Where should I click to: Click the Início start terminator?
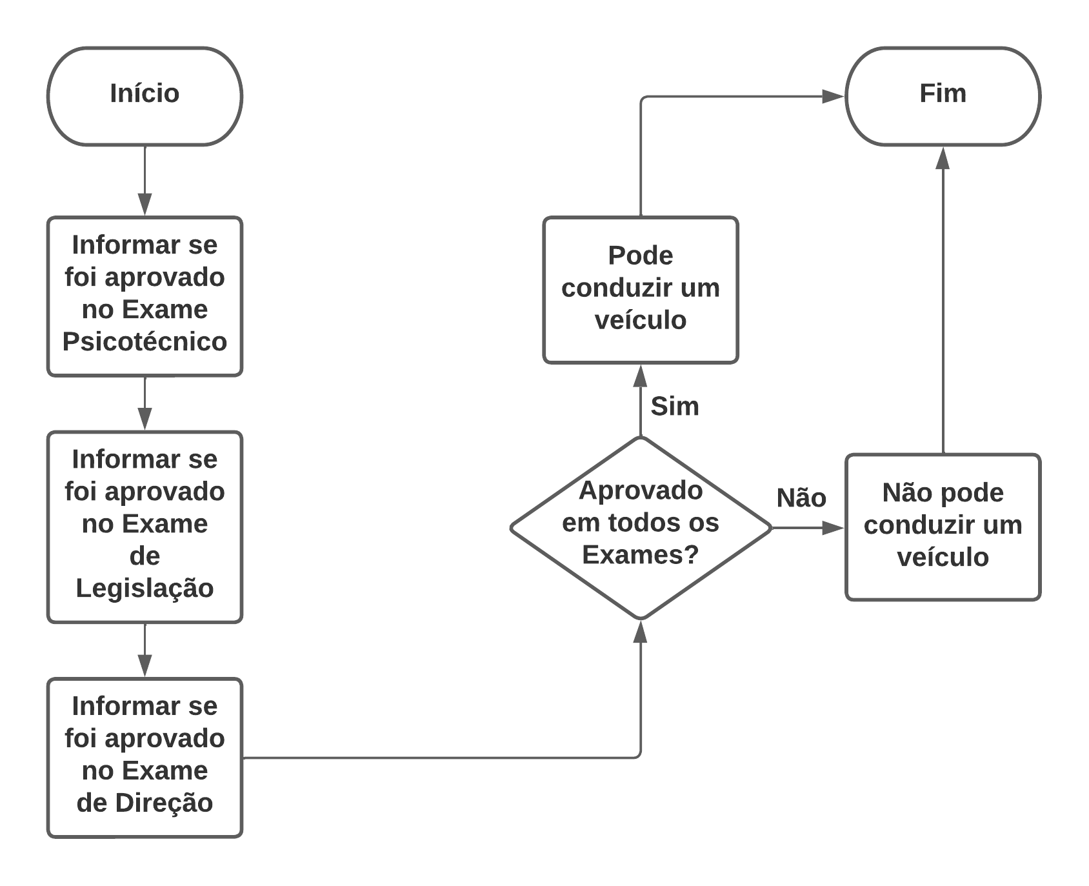pyautogui.click(x=145, y=96)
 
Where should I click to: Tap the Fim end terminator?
pyautogui.click(x=943, y=96)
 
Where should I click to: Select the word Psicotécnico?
pyautogui.click(x=145, y=341)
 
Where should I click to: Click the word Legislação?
pyautogui.click(x=145, y=588)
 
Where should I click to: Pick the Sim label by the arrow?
pyautogui.click(x=675, y=407)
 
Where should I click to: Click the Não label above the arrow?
pyautogui.click(x=801, y=498)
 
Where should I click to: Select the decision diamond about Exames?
pyautogui.click(x=640, y=528)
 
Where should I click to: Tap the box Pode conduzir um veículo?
pyautogui.click(x=640, y=290)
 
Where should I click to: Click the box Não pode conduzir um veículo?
pyautogui.click(x=943, y=527)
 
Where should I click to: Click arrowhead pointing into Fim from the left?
pyautogui.click(x=833, y=97)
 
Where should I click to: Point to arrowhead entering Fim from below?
pyautogui.click(x=943, y=158)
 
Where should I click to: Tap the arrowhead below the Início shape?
pyautogui.click(x=145, y=204)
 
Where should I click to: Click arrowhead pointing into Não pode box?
pyautogui.click(x=833, y=528)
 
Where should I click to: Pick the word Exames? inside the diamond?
pyautogui.click(x=640, y=555)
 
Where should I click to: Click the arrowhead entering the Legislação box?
pyautogui.click(x=145, y=418)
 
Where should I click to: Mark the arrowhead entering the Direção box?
pyautogui.click(x=145, y=665)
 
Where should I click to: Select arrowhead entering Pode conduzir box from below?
pyautogui.click(x=640, y=376)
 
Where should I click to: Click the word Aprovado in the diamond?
pyautogui.click(x=640, y=490)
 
